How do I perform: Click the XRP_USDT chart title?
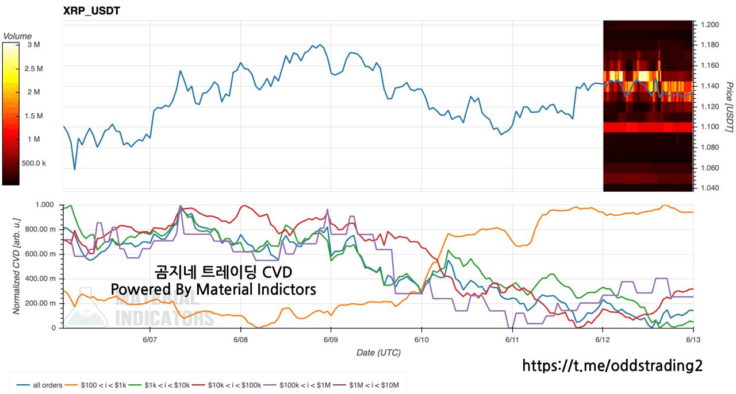coord(91,11)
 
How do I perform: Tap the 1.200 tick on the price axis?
coord(710,25)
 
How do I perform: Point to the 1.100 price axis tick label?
coord(710,127)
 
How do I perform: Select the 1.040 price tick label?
coord(710,188)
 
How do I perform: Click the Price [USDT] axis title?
coord(729,107)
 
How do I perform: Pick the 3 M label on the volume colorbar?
coord(33,45)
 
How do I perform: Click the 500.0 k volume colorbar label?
coord(34,163)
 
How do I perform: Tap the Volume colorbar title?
coord(17,36)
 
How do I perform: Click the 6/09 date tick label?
coord(331,339)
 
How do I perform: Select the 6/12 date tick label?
coord(603,339)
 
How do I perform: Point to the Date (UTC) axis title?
coord(378,353)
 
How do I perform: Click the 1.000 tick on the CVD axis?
coord(45,205)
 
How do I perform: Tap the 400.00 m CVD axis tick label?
coord(40,279)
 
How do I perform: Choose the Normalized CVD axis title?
coord(17,266)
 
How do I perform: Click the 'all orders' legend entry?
coord(40,385)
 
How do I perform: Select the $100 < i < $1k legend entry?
coord(95,385)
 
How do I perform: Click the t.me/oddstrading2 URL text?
coord(612,365)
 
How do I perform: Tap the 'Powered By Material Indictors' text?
coord(213,289)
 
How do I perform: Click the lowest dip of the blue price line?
coord(75,169)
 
